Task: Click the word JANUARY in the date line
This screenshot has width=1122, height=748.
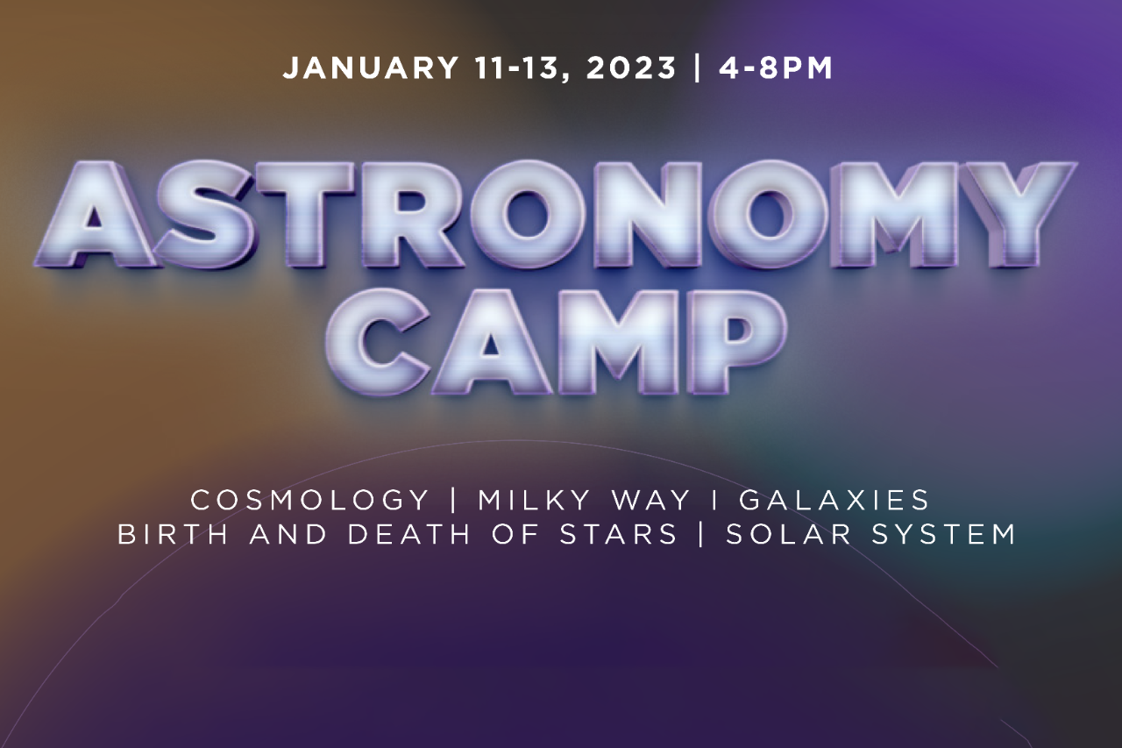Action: [371, 68]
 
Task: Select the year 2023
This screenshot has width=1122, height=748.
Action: [630, 68]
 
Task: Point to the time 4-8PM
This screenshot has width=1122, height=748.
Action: [776, 68]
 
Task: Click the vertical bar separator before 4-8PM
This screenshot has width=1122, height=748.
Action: [697, 68]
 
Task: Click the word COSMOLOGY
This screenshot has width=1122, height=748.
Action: [309, 500]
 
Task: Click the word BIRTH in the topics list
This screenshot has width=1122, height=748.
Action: [173, 534]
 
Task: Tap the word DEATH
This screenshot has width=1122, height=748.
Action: [409, 534]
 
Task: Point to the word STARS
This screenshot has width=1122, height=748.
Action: [618, 534]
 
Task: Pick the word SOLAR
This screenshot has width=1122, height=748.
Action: [788, 534]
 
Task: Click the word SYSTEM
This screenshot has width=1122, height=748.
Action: [944, 534]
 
